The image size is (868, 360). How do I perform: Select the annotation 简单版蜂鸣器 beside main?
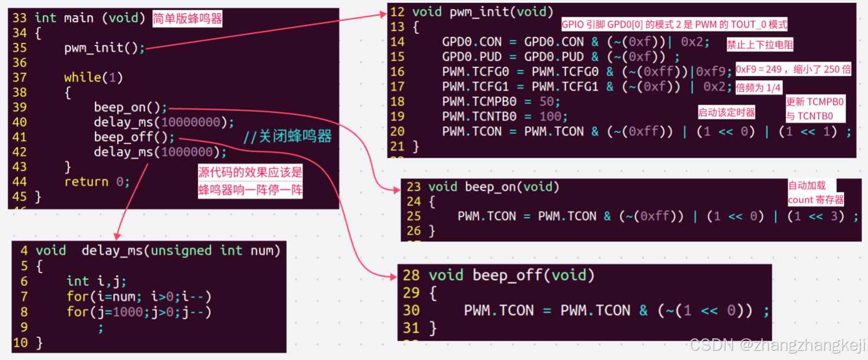(x=187, y=18)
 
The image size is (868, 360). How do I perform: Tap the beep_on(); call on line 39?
(x=130, y=107)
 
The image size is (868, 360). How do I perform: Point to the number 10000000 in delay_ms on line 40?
(x=190, y=122)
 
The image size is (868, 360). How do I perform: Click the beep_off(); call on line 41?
(x=134, y=137)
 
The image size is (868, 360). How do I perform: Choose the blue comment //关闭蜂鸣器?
(x=287, y=136)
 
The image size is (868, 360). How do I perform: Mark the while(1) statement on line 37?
(x=93, y=78)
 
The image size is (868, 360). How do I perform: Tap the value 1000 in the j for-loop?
(x=128, y=312)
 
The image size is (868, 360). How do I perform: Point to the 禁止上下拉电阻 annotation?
(x=760, y=44)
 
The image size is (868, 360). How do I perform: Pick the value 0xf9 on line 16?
(x=710, y=72)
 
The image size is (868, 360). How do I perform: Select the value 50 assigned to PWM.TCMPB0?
(x=546, y=101)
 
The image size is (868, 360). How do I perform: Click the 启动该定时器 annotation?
(x=726, y=112)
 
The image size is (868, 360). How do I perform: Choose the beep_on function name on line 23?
(x=490, y=187)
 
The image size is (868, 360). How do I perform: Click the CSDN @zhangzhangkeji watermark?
(x=777, y=345)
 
